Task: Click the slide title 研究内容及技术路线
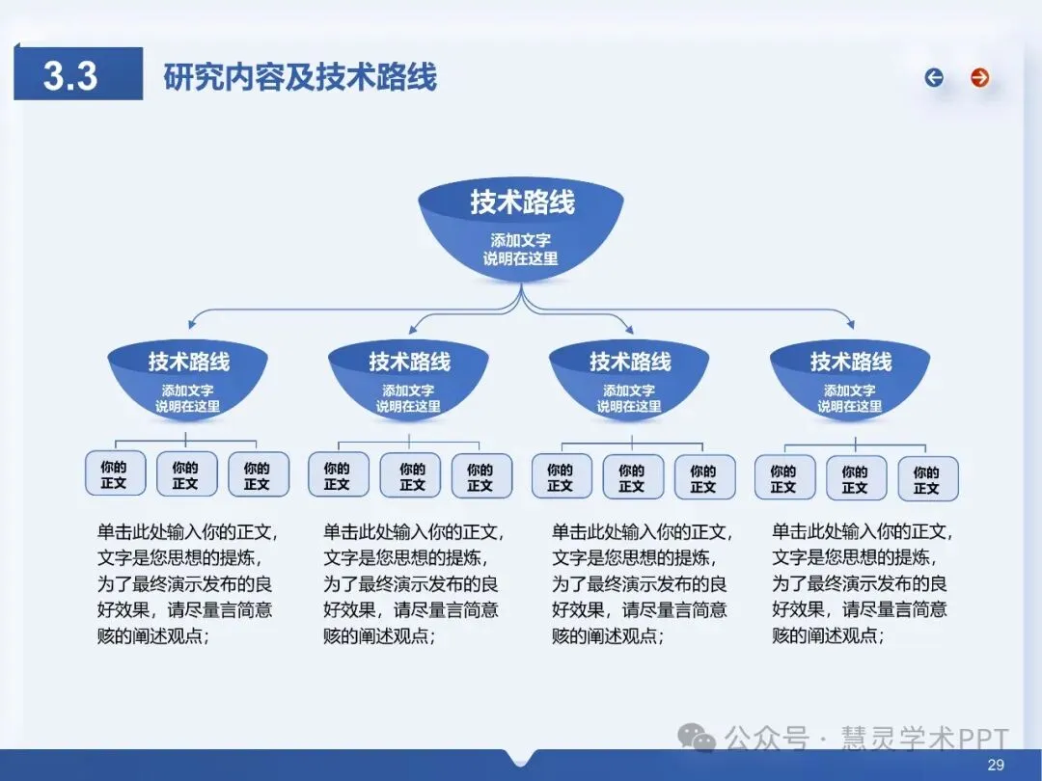click(300, 76)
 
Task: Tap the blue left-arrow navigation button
click(934, 78)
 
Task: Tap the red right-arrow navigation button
click(980, 78)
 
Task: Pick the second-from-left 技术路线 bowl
click(409, 381)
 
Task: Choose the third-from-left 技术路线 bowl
click(629, 381)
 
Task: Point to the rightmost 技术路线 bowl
click(850, 381)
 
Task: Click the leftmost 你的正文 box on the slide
click(114, 473)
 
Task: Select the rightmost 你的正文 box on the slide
click(926, 479)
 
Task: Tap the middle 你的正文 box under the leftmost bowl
click(185, 474)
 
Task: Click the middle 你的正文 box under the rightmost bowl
click(855, 478)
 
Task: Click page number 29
click(997, 765)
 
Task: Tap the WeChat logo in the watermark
click(697, 738)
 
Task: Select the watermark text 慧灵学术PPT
click(912, 740)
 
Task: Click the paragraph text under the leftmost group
click(184, 583)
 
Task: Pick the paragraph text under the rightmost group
click(860, 583)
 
